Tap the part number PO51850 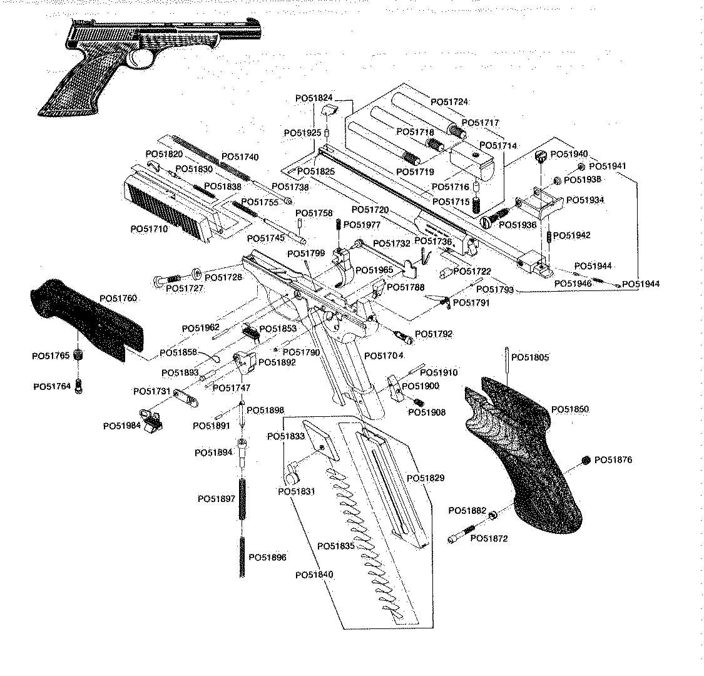(570, 409)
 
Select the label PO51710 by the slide (149, 229)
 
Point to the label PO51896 (268, 557)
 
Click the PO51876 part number (613, 460)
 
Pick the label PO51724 (449, 101)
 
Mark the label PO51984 (123, 426)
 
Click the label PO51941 (609, 166)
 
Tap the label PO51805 (530, 357)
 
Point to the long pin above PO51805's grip (506, 363)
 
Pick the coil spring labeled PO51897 (243, 499)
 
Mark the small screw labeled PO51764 (78, 386)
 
